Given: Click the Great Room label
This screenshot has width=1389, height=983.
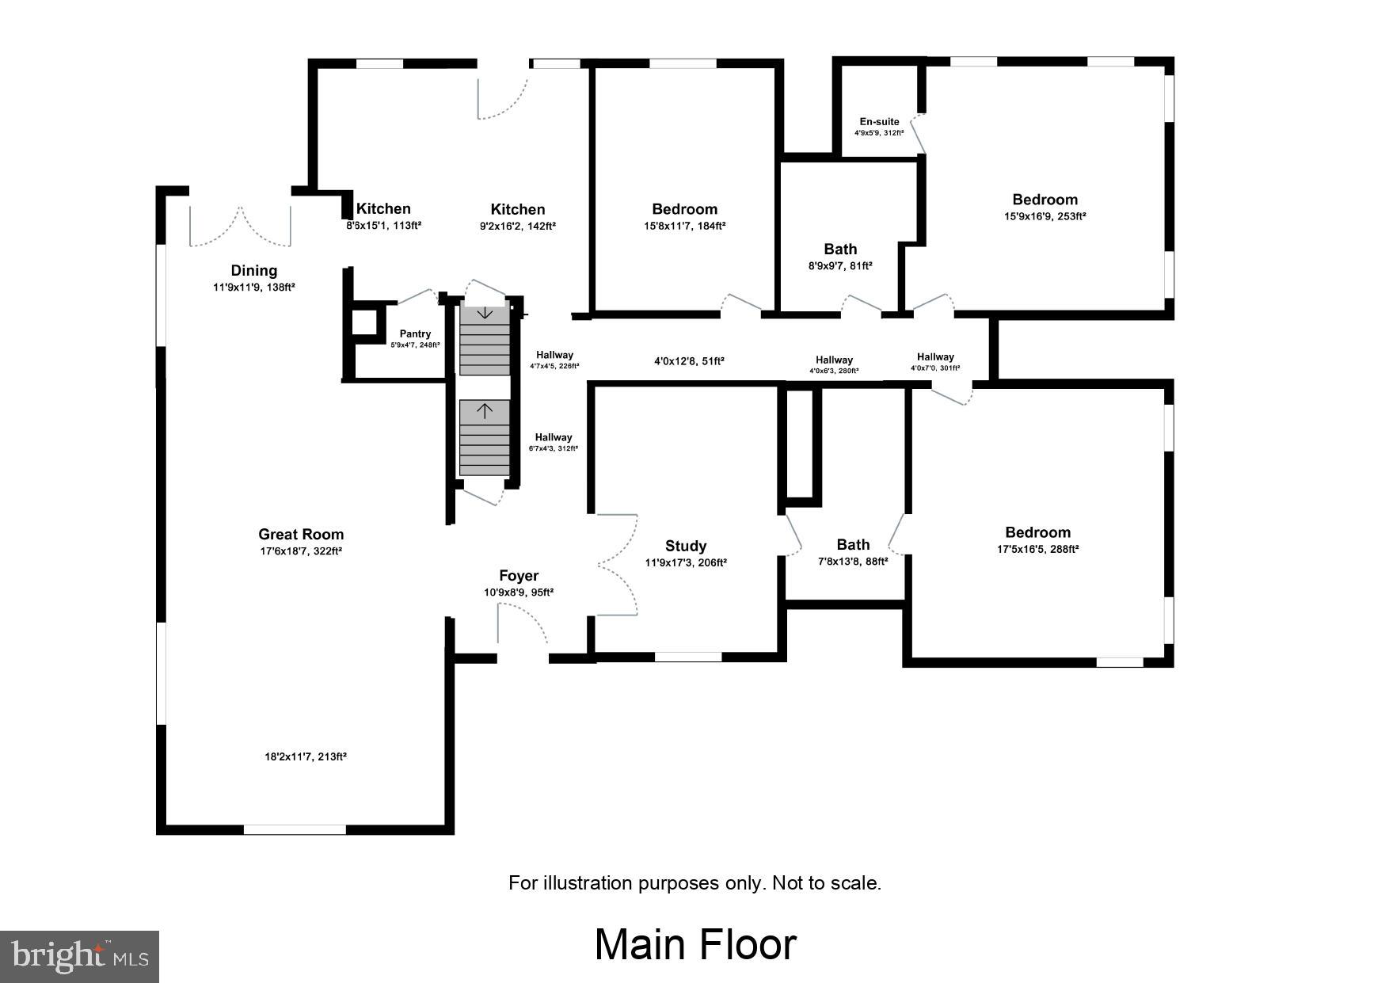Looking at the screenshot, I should (x=301, y=534).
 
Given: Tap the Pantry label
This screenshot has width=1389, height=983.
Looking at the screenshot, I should (x=415, y=333).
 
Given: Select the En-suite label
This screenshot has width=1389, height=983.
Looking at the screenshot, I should (x=879, y=122).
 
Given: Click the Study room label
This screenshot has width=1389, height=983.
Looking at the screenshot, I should (x=686, y=546).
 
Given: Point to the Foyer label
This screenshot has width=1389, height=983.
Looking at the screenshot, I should (x=519, y=576).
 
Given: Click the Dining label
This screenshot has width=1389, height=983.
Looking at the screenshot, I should (x=253, y=271).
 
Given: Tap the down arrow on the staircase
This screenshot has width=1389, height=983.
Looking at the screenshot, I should (x=485, y=313).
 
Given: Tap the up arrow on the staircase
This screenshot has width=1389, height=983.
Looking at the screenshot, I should (x=485, y=410).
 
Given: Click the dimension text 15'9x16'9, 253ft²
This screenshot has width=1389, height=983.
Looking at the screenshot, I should (x=1045, y=216).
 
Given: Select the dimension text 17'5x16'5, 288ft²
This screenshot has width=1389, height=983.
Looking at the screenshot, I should (x=1037, y=549).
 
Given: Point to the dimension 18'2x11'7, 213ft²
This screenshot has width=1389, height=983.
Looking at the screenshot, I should (x=306, y=756).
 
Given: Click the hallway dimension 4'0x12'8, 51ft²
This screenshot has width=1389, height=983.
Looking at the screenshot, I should (x=689, y=361).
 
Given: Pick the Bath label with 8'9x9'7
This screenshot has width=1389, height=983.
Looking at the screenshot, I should (x=840, y=250).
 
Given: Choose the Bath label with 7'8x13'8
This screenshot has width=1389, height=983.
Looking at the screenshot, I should (x=853, y=544).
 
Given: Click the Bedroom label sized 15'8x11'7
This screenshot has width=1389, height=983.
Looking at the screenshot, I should (x=684, y=209).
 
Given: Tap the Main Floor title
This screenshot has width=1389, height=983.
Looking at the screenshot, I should (x=695, y=944).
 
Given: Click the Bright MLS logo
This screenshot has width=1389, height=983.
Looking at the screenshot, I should (x=80, y=956).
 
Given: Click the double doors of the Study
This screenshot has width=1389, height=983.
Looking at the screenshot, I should (x=618, y=564).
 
